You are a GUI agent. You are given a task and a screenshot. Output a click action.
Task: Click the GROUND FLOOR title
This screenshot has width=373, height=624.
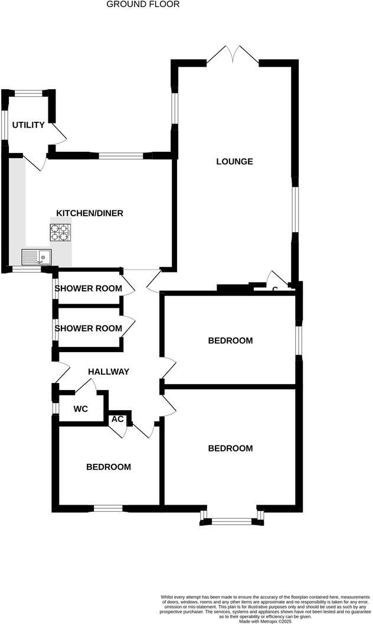pos(143,4)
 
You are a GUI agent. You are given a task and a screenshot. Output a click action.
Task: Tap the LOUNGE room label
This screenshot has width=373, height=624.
pos(234,161)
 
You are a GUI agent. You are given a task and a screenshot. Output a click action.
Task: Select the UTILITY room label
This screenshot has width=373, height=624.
pos(28,125)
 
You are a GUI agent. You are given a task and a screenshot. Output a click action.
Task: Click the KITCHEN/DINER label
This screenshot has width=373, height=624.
pos(90,213)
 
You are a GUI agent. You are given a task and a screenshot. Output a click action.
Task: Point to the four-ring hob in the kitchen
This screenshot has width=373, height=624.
pos(59,232)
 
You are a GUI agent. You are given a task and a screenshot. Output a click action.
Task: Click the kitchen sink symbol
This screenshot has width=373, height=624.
pos(37,256)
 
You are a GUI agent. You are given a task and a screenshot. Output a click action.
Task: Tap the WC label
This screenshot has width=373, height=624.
pos(80,409)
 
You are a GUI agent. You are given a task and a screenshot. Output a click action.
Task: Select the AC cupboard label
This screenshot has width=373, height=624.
pos(117,419)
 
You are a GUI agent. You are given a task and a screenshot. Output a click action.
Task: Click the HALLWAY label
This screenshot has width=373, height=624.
pos(109,372)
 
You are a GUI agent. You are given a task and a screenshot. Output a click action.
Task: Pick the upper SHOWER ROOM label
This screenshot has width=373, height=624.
pos(89,288)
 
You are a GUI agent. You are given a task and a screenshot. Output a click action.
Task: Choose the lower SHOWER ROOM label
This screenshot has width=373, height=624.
pos(89,328)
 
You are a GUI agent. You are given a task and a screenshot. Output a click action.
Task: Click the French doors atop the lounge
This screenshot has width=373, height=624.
pos(233,56)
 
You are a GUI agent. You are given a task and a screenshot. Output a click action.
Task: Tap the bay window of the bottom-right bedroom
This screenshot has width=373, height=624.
pos(232,521)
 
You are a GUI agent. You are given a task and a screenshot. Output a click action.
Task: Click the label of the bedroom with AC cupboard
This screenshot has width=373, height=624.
pos(109,467)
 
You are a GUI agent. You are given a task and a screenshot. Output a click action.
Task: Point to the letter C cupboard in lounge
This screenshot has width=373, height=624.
pos(275,289)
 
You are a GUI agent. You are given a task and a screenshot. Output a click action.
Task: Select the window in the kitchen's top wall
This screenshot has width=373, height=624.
pos(121,156)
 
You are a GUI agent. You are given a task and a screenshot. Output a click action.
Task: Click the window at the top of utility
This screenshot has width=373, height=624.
pos(28,93)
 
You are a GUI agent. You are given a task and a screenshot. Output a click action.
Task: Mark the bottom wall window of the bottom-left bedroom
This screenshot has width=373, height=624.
pos(108,508)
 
